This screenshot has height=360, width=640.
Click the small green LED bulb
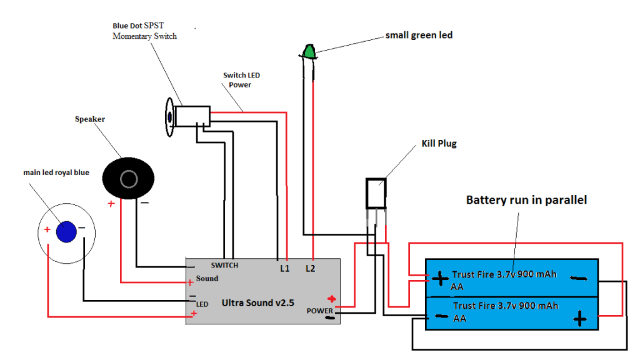(x=309, y=52)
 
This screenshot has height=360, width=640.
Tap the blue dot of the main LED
(x=66, y=232)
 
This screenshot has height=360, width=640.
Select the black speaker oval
(x=128, y=178)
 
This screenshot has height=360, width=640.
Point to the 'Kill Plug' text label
(x=439, y=144)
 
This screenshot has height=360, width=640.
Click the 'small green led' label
(x=419, y=35)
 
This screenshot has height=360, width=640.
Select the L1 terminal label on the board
(x=285, y=268)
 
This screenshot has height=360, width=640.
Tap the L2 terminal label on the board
(x=310, y=268)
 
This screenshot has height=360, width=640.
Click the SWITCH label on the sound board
(x=224, y=265)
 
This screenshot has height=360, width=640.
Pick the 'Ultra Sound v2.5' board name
(x=257, y=303)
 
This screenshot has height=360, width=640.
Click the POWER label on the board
(x=319, y=311)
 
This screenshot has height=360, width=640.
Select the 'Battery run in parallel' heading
(x=526, y=200)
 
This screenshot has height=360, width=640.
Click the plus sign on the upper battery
(x=440, y=279)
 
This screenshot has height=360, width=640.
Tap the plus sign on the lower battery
(x=580, y=318)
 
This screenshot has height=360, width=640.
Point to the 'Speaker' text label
(x=90, y=119)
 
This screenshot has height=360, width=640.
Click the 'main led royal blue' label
(x=56, y=172)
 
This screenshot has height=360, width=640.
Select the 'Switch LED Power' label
(x=241, y=80)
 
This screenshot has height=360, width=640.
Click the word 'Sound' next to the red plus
(x=207, y=279)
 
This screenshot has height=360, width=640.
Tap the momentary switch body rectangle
(x=192, y=116)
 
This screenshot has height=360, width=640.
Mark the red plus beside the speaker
(x=111, y=204)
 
